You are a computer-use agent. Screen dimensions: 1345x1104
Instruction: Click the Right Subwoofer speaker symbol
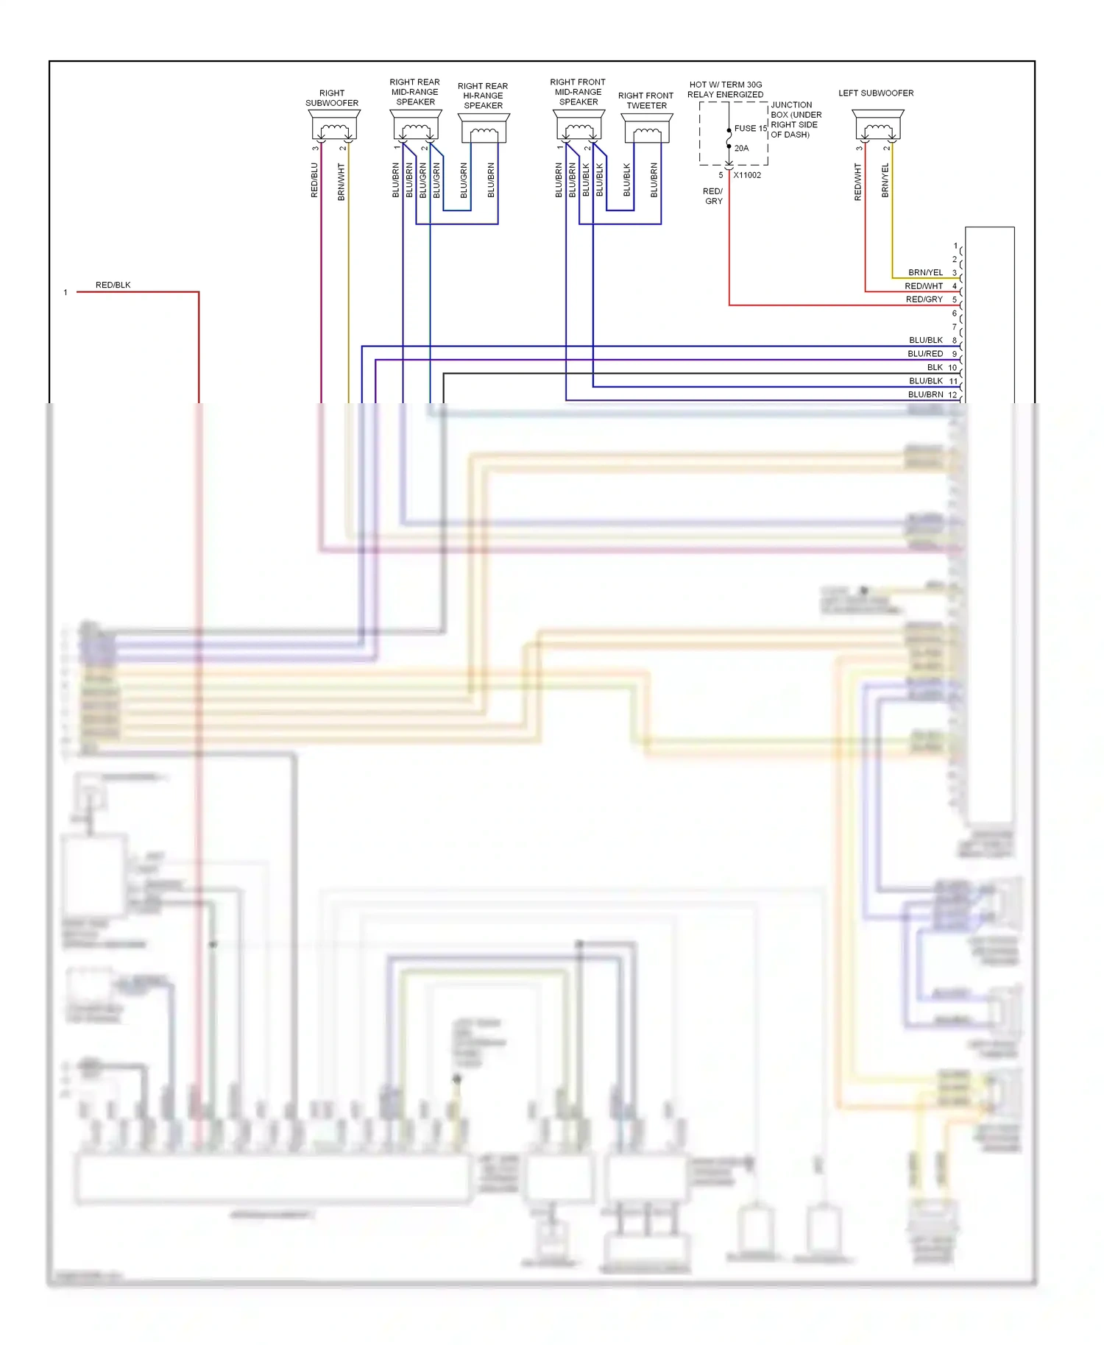pos(334,126)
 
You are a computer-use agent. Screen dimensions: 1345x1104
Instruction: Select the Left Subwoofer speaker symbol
pos(878,126)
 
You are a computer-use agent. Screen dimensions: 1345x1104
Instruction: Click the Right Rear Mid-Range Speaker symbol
pos(416,126)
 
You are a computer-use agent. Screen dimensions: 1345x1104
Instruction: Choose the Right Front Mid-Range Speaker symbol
pos(579,126)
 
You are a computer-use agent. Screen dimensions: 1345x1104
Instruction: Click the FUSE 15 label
pos(750,128)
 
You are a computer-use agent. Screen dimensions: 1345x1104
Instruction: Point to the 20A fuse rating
pos(741,148)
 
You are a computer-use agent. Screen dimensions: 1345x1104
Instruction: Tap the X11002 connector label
pos(747,175)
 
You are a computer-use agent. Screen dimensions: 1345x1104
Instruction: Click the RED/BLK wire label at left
pos(113,285)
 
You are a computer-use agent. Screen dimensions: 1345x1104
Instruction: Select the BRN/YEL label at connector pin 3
pos(925,272)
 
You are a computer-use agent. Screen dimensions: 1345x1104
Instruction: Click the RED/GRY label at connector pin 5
pos(924,299)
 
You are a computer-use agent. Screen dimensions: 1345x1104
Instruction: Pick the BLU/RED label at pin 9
pos(925,354)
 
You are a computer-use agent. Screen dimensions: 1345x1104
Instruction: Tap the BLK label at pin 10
pos(935,367)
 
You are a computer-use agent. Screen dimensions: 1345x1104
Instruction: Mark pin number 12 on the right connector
pos(952,395)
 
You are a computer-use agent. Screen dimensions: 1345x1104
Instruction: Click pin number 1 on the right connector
pos(955,246)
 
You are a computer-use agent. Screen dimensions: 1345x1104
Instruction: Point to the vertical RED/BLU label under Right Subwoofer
pos(314,180)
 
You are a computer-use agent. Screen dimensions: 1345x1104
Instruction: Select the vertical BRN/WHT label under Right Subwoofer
pos(342,182)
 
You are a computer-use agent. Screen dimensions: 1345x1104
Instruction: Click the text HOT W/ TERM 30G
pos(725,85)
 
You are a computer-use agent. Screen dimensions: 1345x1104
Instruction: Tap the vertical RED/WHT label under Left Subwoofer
pos(857,182)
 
